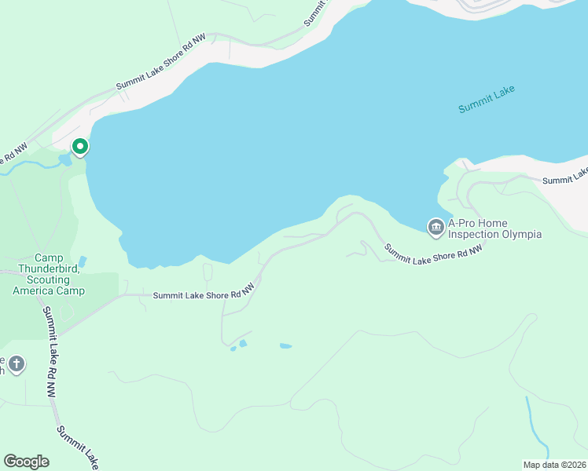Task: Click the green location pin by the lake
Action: click(79, 147)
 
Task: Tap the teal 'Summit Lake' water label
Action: click(487, 99)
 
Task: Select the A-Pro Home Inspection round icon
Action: click(435, 227)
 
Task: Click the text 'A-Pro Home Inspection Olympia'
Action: click(495, 228)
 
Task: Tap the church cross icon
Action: click(17, 363)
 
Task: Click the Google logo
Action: click(26, 462)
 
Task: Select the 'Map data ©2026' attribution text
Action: click(554, 464)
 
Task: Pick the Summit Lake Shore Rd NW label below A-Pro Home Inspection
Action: click(432, 251)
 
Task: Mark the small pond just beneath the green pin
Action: click(64, 160)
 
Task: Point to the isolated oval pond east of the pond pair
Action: click(285, 345)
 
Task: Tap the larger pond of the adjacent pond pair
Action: click(243, 343)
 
